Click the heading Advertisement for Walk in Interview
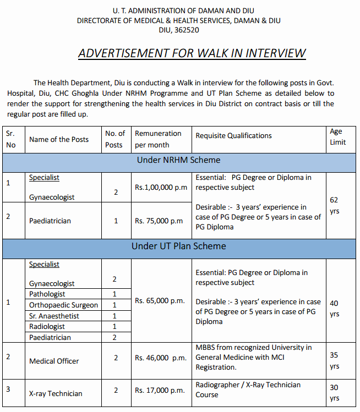pos(192,53)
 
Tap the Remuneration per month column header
pos(158,139)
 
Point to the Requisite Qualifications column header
pos(233,135)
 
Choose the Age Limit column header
pos(337,136)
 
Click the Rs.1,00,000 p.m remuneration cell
pos(161,188)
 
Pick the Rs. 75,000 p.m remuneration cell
pos(159,221)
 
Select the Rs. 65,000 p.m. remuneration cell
pos(160,300)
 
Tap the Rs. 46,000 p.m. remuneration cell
pos(161,358)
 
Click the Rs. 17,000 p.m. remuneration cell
pos(160,390)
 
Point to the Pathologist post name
pos(47,294)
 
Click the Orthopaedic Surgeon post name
pos(63,305)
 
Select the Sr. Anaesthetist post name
pos(54,316)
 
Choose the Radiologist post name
pos(47,327)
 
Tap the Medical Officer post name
pos(54,361)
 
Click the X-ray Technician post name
pos(56,393)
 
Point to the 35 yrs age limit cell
pos(335,361)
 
